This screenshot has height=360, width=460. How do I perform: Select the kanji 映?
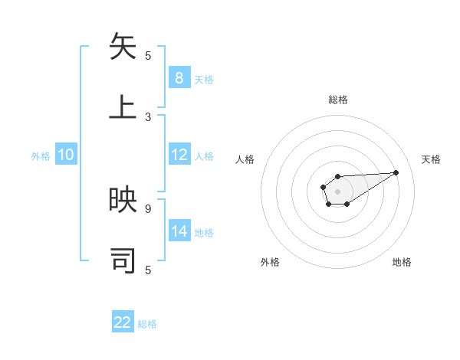(123, 200)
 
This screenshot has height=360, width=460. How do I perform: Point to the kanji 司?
(123, 260)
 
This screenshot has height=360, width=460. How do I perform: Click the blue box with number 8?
(179, 77)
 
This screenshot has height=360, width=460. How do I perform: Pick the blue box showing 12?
(179, 155)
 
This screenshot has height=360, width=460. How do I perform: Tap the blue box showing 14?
(179, 231)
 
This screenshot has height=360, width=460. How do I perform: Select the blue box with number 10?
(66, 155)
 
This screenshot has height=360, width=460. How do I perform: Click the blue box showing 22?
(123, 322)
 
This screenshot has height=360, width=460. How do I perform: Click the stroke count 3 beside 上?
(148, 117)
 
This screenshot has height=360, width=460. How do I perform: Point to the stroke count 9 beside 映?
(148, 208)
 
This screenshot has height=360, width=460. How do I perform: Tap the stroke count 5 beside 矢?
(148, 55)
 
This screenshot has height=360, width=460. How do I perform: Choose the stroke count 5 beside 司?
(148, 270)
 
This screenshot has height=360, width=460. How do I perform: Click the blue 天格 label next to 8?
(204, 79)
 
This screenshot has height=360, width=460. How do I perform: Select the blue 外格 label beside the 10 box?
(41, 155)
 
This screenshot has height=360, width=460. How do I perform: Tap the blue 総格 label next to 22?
(147, 324)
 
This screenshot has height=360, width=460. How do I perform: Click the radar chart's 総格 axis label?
(337, 100)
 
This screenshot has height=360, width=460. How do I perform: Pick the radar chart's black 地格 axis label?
(402, 262)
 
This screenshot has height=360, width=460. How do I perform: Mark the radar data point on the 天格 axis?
(396, 172)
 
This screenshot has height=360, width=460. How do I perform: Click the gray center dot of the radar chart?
(337, 191)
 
